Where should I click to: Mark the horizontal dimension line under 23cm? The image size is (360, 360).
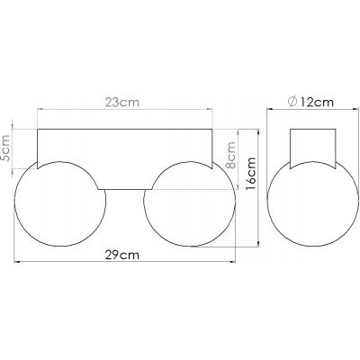126,112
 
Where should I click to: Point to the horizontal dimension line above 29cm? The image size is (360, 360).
126,262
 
